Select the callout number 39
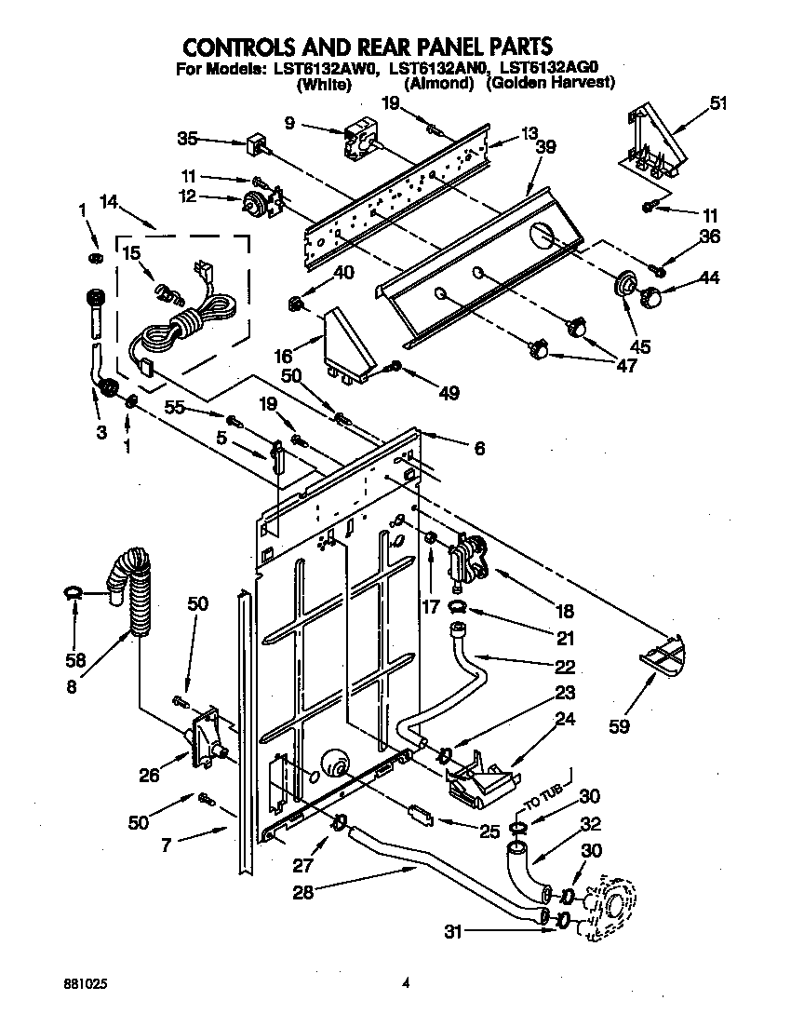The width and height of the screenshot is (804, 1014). pyautogui.click(x=545, y=148)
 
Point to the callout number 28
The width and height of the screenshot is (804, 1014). pyautogui.click(x=301, y=891)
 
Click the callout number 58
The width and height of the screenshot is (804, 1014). pyautogui.click(x=75, y=660)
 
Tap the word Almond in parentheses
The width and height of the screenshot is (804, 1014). pyautogui.click(x=439, y=84)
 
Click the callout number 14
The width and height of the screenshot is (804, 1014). pyautogui.click(x=109, y=199)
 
